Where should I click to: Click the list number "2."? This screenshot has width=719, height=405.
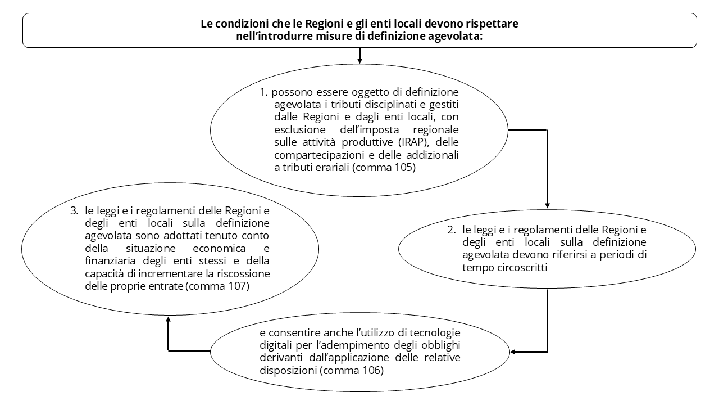click(x=452, y=230)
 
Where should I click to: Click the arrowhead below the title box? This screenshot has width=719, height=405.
click(x=359, y=58)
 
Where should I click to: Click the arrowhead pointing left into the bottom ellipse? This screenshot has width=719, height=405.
click(x=514, y=352)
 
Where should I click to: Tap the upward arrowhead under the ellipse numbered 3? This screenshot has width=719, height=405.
click(x=169, y=319)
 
